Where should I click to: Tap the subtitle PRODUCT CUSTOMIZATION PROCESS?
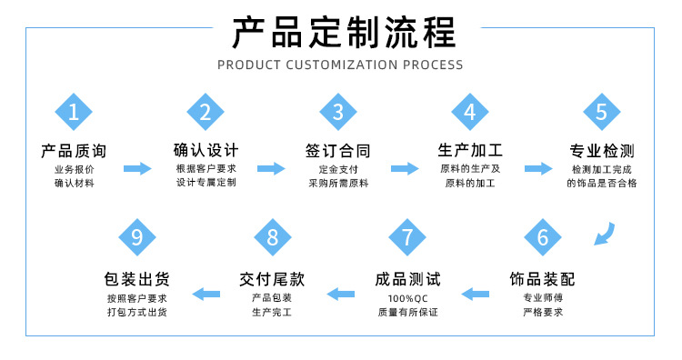341,65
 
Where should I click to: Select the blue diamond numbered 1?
74,113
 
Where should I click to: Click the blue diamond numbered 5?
601,113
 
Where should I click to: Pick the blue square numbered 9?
137,238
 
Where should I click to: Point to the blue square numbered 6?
543,238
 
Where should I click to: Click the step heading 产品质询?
74,150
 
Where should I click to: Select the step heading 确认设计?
206,150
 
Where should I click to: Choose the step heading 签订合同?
338,150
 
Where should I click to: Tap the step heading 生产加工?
470,150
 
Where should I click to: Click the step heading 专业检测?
601,151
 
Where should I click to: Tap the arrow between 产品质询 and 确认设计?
138,168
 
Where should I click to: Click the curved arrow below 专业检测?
604,235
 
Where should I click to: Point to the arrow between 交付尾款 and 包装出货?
206,293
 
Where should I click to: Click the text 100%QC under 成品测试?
407,298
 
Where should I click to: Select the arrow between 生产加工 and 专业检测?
538,168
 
